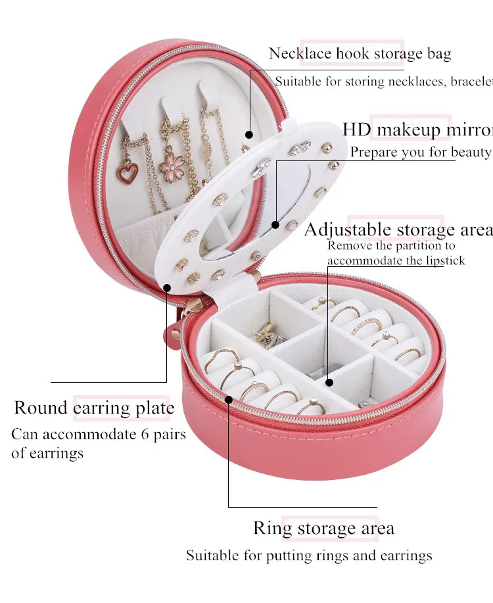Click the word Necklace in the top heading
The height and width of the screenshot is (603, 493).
(x=296, y=53)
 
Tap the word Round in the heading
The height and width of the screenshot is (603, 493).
(x=41, y=408)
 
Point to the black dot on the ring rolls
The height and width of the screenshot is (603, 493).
(x=229, y=398)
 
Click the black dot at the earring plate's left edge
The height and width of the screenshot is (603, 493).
(x=167, y=287)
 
